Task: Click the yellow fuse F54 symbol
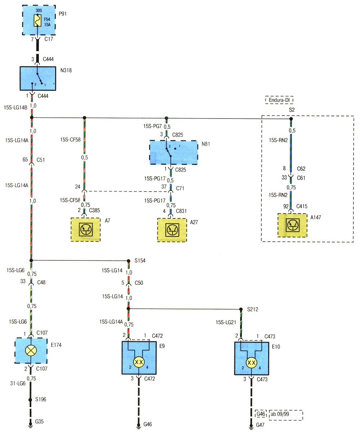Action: point(37,21)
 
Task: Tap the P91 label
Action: point(63,14)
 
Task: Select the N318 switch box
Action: point(38,79)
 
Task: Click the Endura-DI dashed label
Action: point(279,100)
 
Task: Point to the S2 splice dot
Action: point(291,119)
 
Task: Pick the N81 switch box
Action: point(174,152)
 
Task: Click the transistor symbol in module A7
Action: point(86,229)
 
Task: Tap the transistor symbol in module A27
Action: point(172,230)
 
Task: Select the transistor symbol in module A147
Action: point(292,225)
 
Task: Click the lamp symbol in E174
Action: point(31,350)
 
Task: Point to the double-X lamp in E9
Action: point(139,362)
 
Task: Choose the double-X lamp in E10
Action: point(251,363)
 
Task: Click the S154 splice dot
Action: point(129,261)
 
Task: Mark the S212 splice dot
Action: point(241,309)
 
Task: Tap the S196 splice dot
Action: point(30,400)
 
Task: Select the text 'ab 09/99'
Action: point(280,414)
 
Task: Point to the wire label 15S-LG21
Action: point(226,322)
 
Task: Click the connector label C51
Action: point(41,160)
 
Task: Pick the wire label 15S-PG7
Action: point(153,126)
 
